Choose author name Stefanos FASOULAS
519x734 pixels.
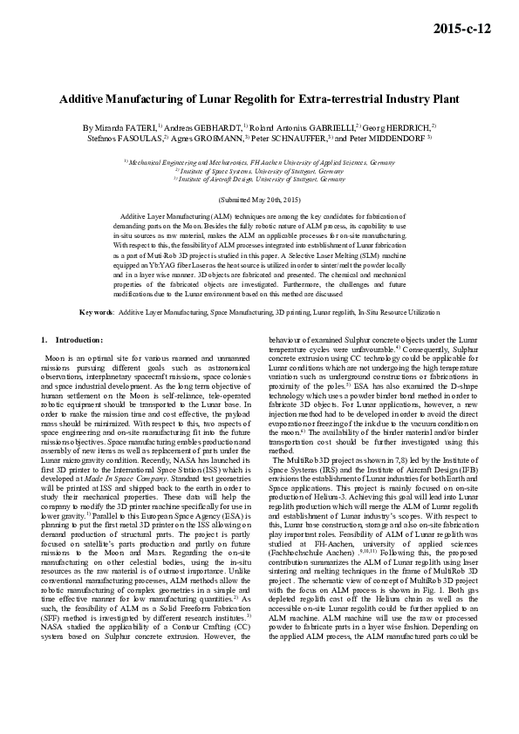[123, 138]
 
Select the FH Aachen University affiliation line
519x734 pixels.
[259, 163]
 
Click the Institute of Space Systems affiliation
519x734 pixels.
[259, 171]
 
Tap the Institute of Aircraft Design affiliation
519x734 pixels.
[259, 179]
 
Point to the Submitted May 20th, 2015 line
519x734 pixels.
[259, 200]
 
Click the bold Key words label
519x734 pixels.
[96, 311]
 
